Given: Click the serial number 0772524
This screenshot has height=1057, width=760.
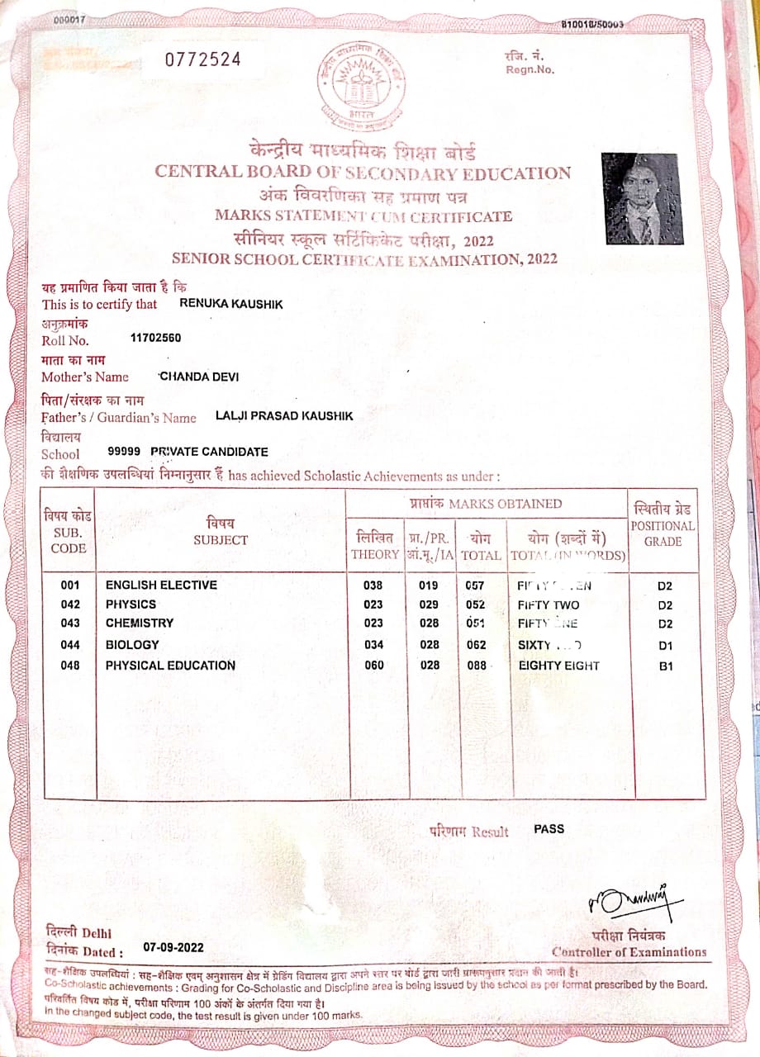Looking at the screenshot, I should click(203, 59).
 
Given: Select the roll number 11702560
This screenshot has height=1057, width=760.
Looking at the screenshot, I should click(156, 338).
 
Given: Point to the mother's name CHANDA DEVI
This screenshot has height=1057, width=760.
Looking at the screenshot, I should click(200, 377).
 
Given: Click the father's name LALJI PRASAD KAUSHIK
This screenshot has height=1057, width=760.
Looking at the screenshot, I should click(283, 416).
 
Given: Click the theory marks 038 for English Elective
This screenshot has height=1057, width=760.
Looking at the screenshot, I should click(373, 585).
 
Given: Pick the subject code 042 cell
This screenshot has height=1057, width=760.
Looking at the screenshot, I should click(71, 604).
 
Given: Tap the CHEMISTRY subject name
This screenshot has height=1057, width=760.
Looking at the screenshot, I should click(140, 623).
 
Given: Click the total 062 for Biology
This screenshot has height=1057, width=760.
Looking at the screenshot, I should click(476, 645).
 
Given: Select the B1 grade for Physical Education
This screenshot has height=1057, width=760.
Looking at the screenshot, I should click(665, 666).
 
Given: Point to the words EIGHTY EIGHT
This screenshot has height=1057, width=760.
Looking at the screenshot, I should click(558, 666).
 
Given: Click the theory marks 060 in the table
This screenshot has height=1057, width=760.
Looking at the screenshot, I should click(373, 666).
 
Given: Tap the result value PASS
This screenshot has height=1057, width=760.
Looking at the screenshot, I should click(549, 828).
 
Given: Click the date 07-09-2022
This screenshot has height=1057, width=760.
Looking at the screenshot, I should click(173, 947).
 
